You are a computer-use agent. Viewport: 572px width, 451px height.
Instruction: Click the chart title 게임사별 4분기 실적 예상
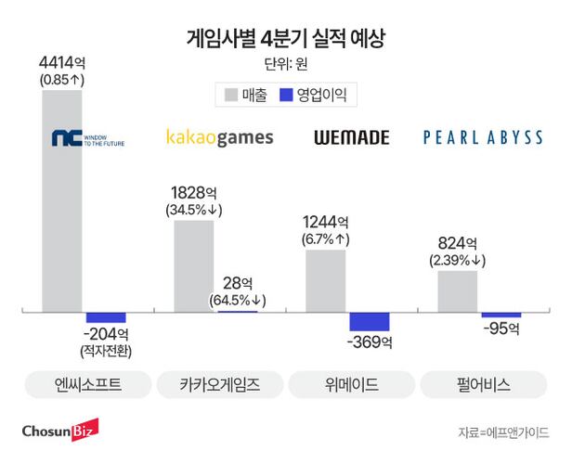point(285,39)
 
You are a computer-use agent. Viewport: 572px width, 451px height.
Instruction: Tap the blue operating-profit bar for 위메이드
point(370,321)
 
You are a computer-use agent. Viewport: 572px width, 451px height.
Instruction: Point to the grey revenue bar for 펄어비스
point(458,290)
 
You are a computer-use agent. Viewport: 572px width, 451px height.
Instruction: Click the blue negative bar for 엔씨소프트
point(105,317)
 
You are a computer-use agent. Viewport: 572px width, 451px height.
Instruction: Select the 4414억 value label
point(62,62)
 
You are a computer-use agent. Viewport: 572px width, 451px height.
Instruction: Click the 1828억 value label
point(194,192)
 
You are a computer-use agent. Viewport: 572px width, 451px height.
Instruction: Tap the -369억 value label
point(369,342)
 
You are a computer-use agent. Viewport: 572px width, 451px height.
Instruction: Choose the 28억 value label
point(238,281)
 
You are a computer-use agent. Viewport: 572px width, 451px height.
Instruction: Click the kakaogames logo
point(219,138)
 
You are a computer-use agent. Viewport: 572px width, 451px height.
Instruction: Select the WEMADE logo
point(351,138)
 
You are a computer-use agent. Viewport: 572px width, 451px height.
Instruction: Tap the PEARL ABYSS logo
point(483,138)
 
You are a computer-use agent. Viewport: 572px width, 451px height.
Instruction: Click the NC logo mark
point(67,139)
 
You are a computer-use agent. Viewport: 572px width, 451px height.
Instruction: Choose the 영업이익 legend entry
point(318,95)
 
